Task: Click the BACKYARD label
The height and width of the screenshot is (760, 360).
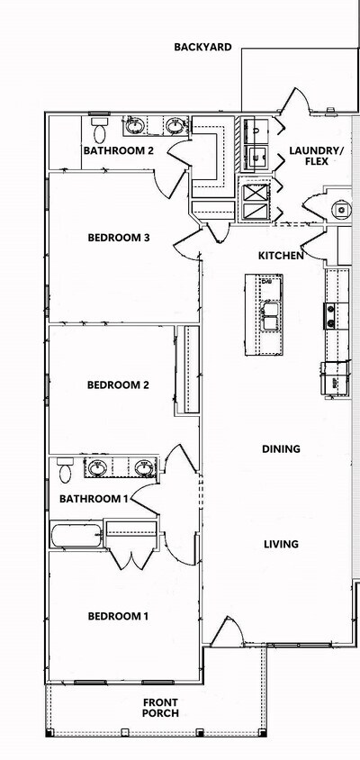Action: click(x=202, y=47)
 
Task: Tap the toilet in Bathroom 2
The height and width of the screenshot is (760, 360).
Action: click(x=99, y=122)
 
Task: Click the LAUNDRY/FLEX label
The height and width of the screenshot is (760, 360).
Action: click(x=315, y=155)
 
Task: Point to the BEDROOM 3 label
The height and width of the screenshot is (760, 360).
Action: click(x=118, y=238)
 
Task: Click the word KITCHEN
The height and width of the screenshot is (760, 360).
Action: click(x=281, y=256)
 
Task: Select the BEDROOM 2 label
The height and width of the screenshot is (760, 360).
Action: click(x=118, y=385)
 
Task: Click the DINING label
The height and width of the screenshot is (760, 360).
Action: click(x=281, y=448)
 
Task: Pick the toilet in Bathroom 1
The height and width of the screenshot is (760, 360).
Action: click(x=65, y=469)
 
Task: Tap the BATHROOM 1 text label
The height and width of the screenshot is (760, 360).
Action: click(x=94, y=498)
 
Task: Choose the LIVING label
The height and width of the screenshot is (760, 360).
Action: click(x=281, y=544)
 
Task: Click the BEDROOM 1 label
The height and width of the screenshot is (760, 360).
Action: click(x=118, y=616)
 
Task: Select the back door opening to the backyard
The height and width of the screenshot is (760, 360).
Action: click(x=297, y=104)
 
